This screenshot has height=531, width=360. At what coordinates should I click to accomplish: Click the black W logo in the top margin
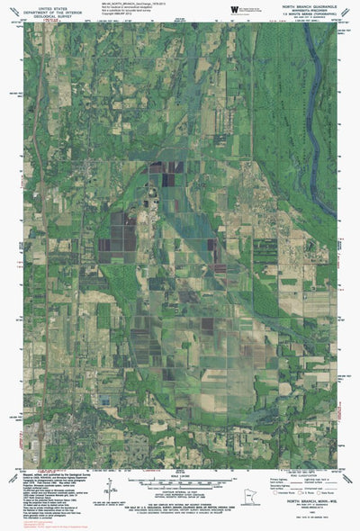click(x=235, y=8)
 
